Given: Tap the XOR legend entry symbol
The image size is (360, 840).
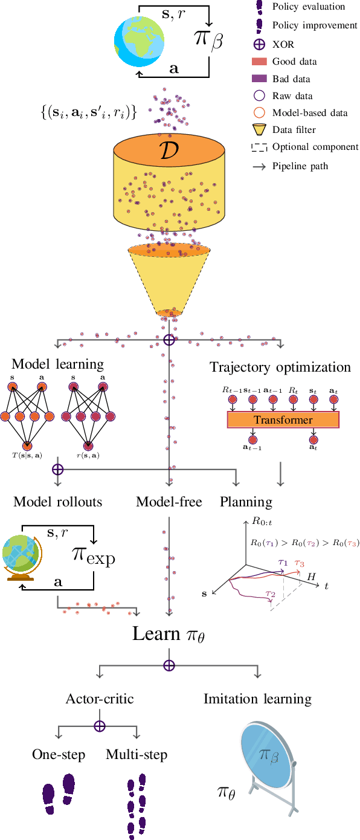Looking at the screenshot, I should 259,44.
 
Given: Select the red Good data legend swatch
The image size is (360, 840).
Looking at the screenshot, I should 259,61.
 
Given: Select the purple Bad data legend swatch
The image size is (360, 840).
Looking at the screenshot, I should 259,78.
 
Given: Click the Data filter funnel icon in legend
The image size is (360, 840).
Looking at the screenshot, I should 259,129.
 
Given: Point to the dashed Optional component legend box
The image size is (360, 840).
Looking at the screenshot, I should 259,147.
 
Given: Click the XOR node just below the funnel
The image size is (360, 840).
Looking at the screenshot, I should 169,340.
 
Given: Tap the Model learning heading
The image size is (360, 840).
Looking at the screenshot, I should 58,364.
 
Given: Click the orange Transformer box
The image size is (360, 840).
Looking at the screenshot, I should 283,420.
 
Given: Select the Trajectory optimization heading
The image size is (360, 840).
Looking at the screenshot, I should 280,367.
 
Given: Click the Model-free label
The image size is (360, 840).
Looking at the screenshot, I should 169,502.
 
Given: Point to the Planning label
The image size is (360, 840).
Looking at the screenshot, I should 246,502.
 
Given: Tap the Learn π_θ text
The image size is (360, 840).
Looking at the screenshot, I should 169,634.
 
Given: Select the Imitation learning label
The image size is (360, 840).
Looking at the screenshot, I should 257,699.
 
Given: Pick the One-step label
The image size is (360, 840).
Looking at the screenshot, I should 59,755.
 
